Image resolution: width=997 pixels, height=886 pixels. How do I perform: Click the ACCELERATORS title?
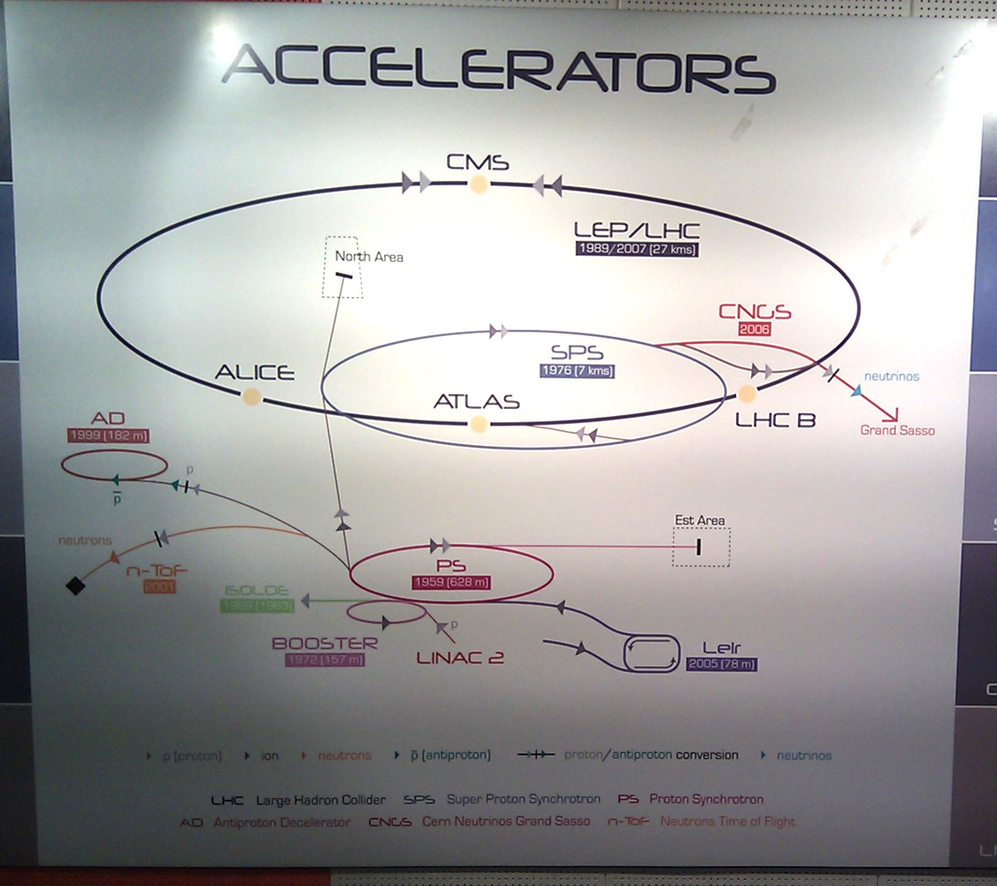click(x=498, y=69)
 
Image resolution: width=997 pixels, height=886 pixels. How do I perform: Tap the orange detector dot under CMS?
click(x=478, y=185)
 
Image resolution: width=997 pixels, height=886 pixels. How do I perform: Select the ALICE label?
click(x=255, y=372)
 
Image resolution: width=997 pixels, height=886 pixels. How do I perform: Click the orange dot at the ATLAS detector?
click(x=478, y=425)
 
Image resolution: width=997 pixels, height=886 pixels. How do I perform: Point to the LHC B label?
click(x=774, y=421)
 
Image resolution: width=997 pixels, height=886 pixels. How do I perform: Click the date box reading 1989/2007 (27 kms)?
click(x=636, y=249)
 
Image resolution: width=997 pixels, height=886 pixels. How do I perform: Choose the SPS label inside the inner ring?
click(x=577, y=353)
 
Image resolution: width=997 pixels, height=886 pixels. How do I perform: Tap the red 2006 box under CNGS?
click(x=754, y=329)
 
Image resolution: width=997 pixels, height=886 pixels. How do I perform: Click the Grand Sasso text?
click(x=897, y=430)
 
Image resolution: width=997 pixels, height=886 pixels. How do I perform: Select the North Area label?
click(x=368, y=257)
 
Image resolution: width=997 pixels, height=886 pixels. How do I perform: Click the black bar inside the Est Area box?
click(x=698, y=546)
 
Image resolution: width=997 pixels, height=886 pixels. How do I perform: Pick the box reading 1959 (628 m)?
click(x=451, y=583)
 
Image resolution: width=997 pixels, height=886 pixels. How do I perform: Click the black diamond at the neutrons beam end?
click(x=75, y=585)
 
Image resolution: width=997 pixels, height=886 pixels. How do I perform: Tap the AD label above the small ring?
click(x=108, y=418)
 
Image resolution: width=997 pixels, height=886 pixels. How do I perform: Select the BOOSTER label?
click(x=324, y=643)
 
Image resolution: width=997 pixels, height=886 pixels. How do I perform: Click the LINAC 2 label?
click(x=459, y=658)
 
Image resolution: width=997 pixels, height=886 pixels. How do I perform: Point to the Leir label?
click(x=721, y=648)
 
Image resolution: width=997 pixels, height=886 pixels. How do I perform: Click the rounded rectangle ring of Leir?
click(x=651, y=653)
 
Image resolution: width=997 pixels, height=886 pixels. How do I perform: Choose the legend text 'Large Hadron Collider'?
click(x=321, y=800)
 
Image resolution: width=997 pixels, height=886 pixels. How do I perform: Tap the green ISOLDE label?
click(x=257, y=590)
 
